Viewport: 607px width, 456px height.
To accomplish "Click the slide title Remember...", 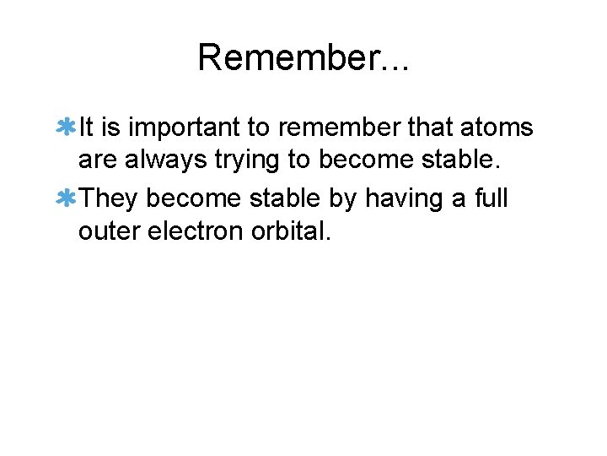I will [303, 57].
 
